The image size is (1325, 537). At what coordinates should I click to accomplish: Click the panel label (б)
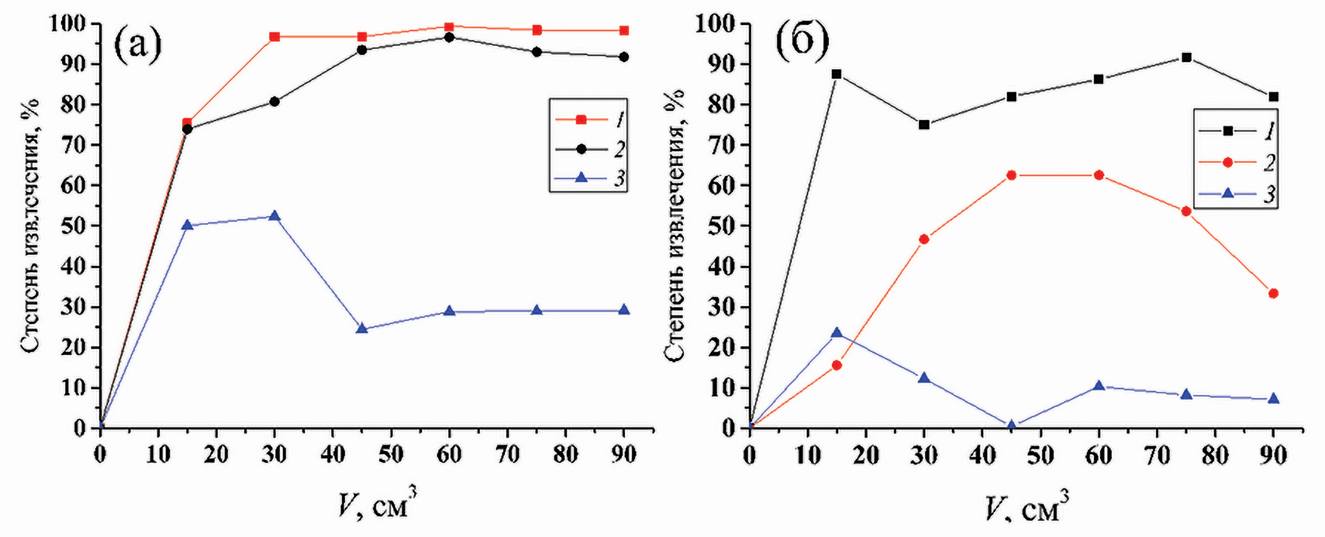(802, 43)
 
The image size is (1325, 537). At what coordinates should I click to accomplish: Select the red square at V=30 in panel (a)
(274, 36)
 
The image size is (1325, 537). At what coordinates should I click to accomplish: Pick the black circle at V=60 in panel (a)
(449, 37)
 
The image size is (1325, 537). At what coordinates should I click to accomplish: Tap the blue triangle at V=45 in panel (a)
(361, 328)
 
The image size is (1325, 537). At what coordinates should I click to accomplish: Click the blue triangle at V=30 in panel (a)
(274, 216)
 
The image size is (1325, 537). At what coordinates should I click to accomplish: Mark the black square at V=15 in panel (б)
(836, 74)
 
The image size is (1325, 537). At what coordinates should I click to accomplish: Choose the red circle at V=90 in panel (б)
(1273, 293)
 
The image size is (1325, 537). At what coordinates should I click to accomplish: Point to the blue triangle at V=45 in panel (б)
(1011, 425)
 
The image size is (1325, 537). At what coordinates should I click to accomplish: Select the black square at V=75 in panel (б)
(1186, 57)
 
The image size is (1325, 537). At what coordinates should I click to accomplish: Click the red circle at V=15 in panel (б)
(836, 365)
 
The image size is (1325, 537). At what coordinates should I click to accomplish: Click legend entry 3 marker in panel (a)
(581, 178)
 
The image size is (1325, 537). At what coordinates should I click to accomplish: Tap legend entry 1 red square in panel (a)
(581, 120)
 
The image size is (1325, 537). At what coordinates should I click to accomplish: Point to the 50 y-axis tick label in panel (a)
(73, 226)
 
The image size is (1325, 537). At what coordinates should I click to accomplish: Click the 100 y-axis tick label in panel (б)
(716, 24)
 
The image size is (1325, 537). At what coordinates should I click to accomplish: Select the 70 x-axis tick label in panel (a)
(507, 454)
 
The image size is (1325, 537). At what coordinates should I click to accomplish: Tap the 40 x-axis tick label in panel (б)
(982, 455)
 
